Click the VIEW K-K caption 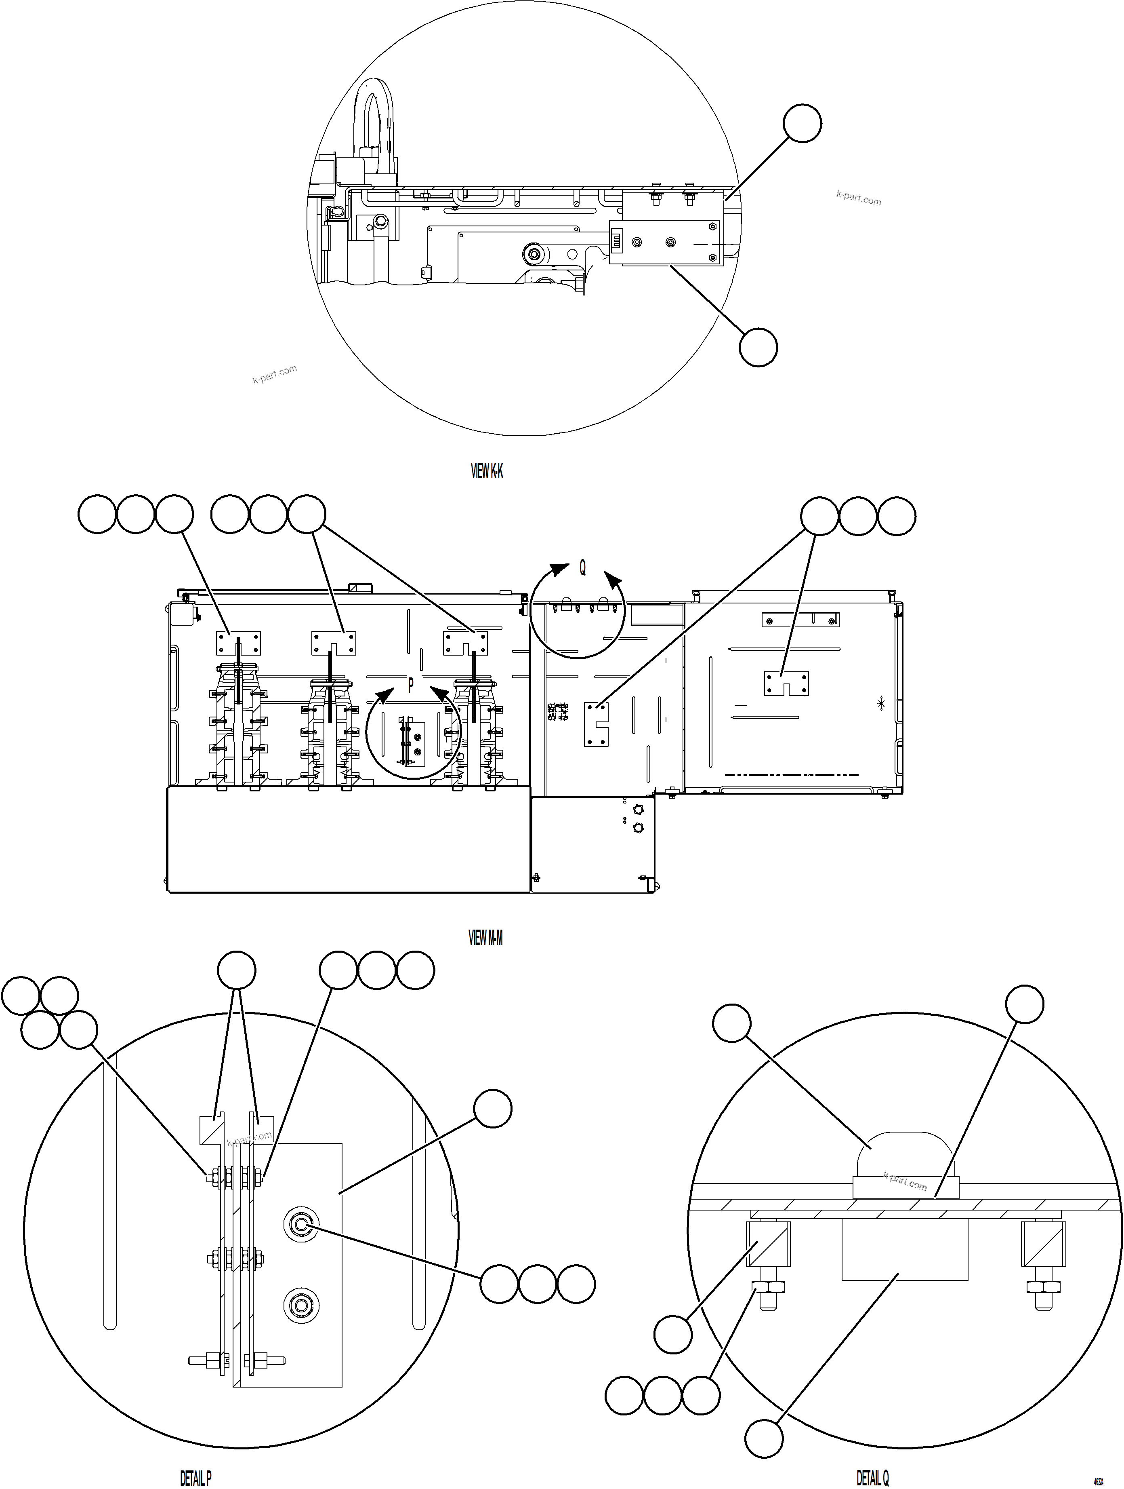pyautogui.click(x=486, y=471)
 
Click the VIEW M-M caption pyautogui.click(x=485, y=938)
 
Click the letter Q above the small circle pyautogui.click(x=582, y=568)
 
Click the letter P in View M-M pyautogui.click(x=410, y=685)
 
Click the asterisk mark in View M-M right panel pyautogui.click(x=882, y=704)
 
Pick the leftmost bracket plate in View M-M pyautogui.click(x=238, y=643)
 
